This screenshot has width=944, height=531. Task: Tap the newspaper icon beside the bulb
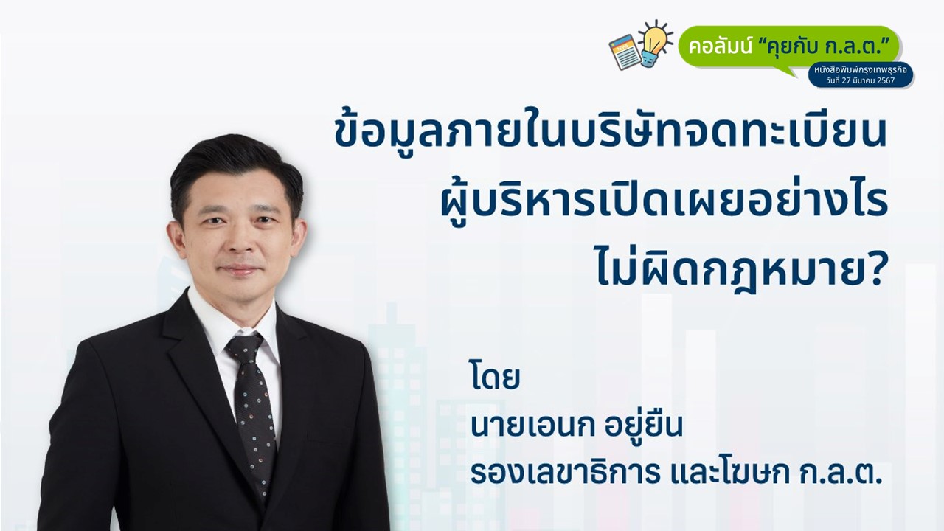tap(625, 52)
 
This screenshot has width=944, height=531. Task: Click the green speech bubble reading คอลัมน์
tap(788, 47)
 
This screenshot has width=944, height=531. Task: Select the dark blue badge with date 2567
tap(861, 75)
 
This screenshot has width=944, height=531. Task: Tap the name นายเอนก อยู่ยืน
tap(576, 426)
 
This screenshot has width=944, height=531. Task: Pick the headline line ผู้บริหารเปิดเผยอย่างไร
tap(664, 201)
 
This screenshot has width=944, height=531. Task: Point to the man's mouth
tap(240, 269)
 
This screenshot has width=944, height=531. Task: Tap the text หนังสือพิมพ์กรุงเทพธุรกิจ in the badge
tap(861, 70)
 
